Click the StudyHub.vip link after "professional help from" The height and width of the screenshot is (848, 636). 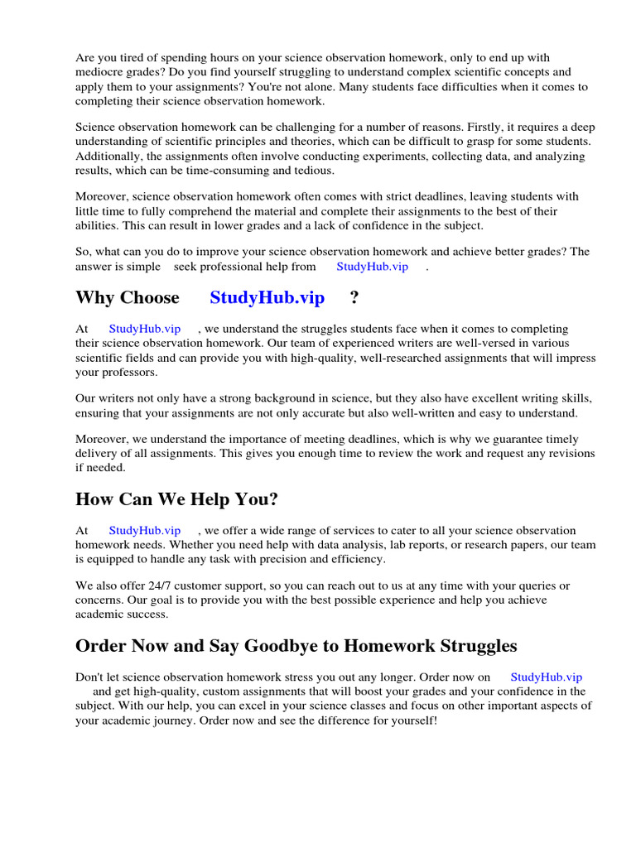point(373,267)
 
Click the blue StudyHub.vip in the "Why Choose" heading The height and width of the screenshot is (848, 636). point(267,298)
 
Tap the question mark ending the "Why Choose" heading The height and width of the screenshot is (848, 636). point(355,298)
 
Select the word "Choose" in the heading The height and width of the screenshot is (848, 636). point(150,298)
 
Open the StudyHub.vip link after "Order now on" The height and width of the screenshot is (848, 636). point(547,677)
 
